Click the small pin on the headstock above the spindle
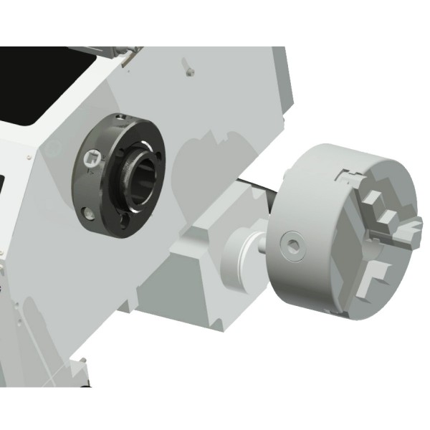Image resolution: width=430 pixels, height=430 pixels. click(188, 70)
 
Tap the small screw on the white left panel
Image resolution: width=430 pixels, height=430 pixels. click(27, 157)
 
